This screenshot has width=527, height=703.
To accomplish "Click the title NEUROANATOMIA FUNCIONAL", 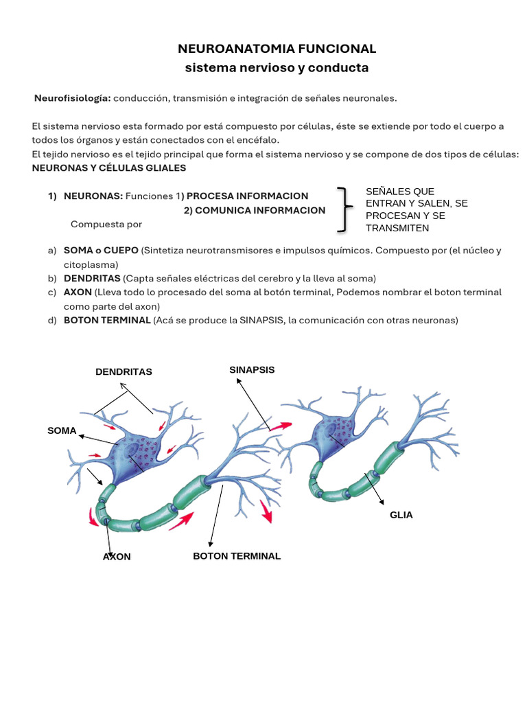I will click(277, 49).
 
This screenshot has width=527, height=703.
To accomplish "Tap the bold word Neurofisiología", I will click(73, 98).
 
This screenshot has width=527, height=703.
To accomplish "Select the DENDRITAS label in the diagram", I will click(124, 371).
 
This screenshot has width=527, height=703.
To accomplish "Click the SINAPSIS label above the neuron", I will click(252, 369).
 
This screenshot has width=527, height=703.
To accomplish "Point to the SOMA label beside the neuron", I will click(62, 430).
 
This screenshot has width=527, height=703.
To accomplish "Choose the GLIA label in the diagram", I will click(401, 514).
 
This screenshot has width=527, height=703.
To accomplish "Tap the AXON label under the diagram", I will click(117, 556).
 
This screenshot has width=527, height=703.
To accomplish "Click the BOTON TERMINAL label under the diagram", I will click(237, 555).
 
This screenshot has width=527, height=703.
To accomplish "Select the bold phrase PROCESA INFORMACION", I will click(248, 196).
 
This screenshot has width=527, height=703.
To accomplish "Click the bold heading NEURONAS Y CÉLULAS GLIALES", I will click(109, 168).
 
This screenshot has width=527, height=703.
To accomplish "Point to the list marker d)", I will click(52, 320).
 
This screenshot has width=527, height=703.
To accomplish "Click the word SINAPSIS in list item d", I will click(263, 320).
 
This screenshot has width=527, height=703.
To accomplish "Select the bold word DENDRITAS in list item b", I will click(92, 278).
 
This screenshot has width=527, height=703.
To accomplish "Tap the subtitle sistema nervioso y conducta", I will click(277, 67).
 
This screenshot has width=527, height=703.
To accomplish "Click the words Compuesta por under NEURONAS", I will click(106, 224).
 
